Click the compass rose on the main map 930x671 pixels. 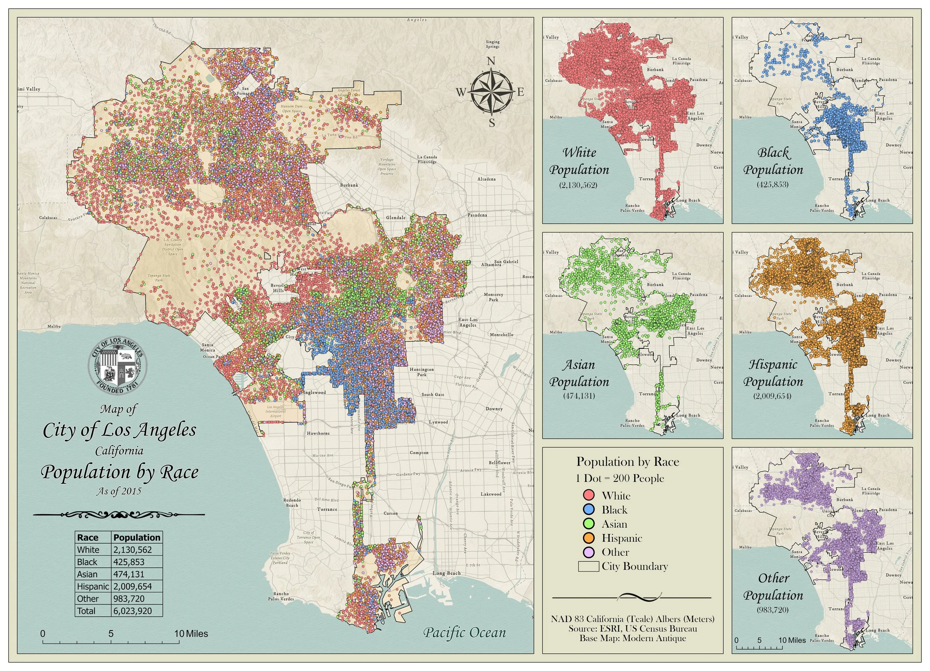click(491, 92)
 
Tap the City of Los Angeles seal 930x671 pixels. click(118, 366)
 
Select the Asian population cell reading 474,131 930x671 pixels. click(129, 574)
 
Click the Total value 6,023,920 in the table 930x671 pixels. click(132, 611)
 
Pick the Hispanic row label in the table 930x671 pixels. click(93, 587)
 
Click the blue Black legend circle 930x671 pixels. click(589, 510)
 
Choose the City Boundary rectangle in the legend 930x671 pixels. click(589, 567)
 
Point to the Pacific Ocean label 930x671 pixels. click(464, 632)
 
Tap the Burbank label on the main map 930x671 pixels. click(349, 185)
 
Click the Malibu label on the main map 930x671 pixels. click(54, 327)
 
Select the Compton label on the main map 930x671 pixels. click(419, 453)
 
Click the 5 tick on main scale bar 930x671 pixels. click(111, 634)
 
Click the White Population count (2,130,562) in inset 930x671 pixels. click(578, 185)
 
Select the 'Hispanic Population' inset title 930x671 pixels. click(773, 373)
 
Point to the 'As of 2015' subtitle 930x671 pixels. click(119, 491)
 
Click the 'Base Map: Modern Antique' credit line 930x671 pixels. click(632, 638)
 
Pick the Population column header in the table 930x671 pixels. click(137, 538)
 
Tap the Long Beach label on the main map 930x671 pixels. click(447, 573)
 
